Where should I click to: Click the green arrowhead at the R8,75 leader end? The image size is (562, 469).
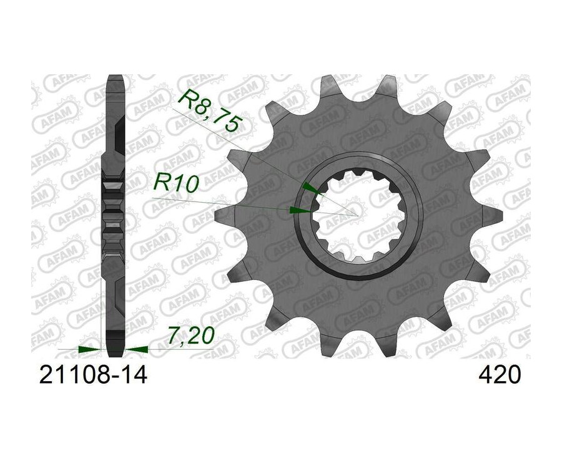(x=310, y=188)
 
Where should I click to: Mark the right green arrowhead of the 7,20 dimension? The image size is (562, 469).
(x=136, y=349)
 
